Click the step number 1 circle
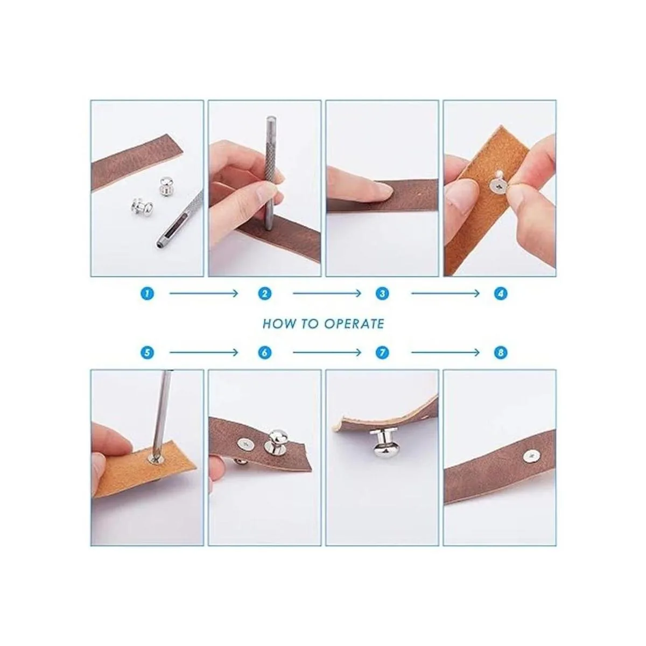pyautogui.click(x=147, y=294)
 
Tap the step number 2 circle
pyautogui.click(x=264, y=294)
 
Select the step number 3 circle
pyautogui.click(x=383, y=294)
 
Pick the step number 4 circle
pyautogui.click(x=501, y=294)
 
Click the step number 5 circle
pyautogui.click(x=147, y=352)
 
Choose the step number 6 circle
pyautogui.click(x=264, y=352)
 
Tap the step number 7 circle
pyautogui.click(x=383, y=352)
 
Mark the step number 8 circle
pyautogui.click(x=501, y=352)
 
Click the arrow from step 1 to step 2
pyautogui.click(x=203, y=294)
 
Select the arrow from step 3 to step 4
pyautogui.click(x=446, y=294)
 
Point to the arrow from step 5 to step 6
pyautogui.click(x=203, y=352)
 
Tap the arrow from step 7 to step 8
pyautogui.click(x=446, y=352)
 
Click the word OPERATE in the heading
pyautogui.click(x=354, y=324)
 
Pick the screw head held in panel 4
pyautogui.click(x=497, y=185)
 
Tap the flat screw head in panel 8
pyautogui.click(x=532, y=455)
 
